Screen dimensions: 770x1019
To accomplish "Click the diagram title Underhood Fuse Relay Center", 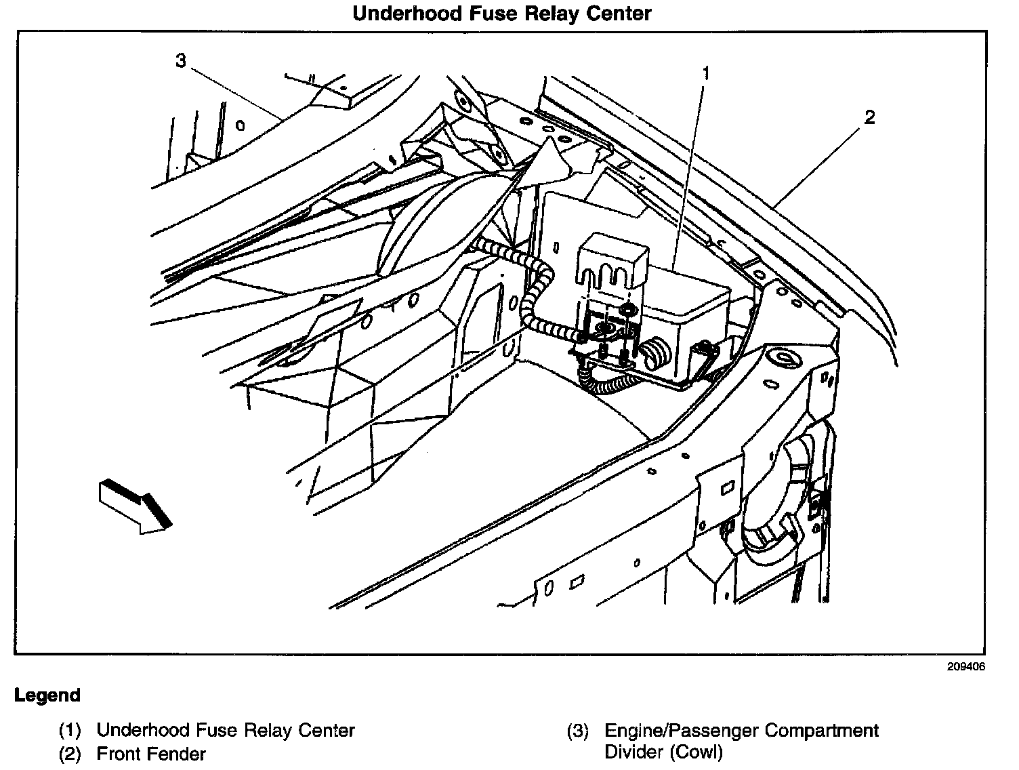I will click(x=501, y=14).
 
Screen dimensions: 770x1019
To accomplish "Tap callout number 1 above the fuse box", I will click(x=705, y=73).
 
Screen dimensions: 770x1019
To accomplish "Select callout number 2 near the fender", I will click(x=869, y=117).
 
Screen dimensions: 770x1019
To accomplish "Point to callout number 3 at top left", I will click(x=180, y=61).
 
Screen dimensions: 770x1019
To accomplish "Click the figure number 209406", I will click(x=966, y=667).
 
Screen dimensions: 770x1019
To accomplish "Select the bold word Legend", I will click(x=47, y=695).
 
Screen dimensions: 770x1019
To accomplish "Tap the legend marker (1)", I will click(x=70, y=731).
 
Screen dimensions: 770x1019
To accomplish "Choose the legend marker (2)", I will click(x=70, y=753).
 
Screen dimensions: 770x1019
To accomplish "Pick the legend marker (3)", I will click(x=577, y=731).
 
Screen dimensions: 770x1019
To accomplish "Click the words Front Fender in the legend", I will click(x=151, y=753).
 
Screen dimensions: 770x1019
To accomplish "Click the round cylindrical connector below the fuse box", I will click(x=655, y=352).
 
